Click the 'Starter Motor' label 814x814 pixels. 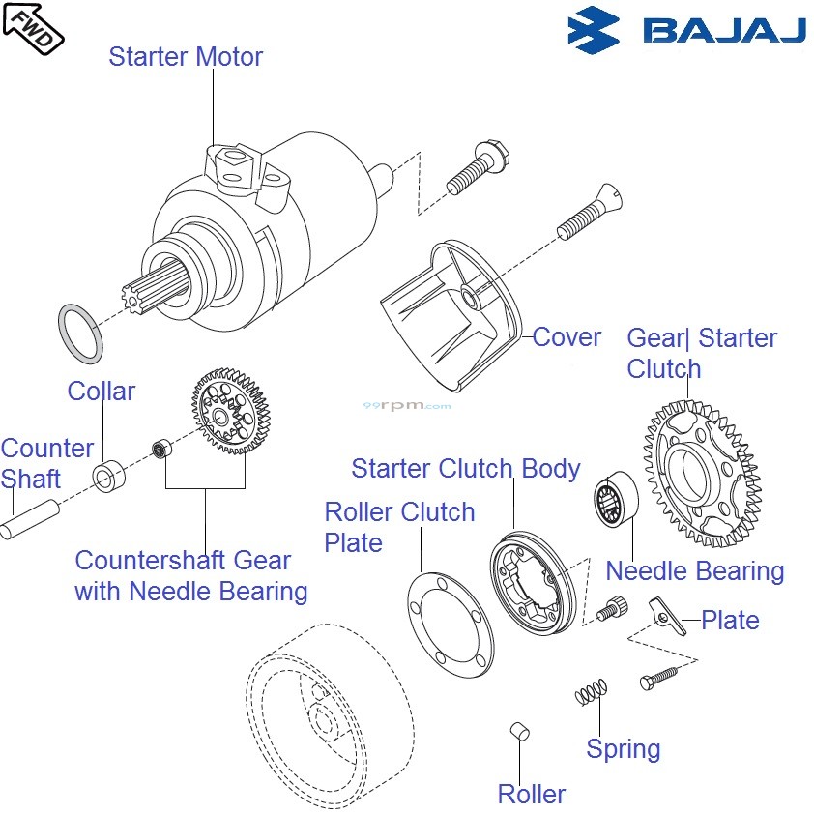coord(185,56)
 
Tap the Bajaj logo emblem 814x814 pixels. coord(594,29)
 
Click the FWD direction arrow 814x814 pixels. coord(33,24)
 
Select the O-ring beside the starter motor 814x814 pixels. coord(81,331)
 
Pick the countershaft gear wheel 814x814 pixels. coord(230,412)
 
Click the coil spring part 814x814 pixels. coord(591,690)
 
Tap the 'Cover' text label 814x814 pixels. coord(567,337)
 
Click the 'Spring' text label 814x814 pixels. coord(624,749)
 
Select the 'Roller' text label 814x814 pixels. coord(531,794)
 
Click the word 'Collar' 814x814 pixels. coord(102,392)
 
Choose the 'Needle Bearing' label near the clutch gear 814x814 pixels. coord(694,570)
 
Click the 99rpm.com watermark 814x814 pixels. coord(406,406)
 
